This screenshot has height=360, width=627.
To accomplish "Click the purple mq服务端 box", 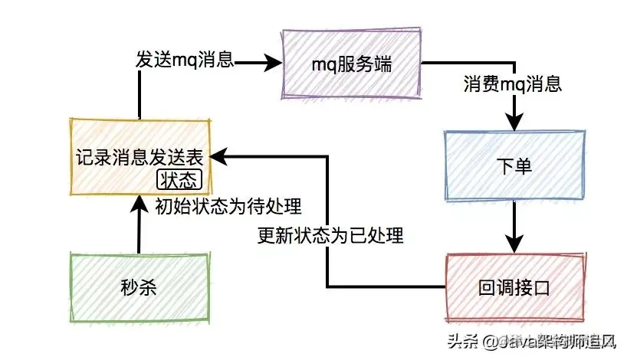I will click(x=352, y=64).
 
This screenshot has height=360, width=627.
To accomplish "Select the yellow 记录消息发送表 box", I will click(x=139, y=157).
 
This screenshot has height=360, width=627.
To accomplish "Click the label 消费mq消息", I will click(x=512, y=83).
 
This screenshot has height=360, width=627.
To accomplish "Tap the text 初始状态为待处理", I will click(x=227, y=206).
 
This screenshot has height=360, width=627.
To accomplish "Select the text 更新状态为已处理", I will click(x=330, y=235).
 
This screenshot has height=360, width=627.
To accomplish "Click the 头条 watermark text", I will click(x=468, y=342).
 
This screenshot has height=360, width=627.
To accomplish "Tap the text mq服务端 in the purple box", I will click(x=352, y=65).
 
